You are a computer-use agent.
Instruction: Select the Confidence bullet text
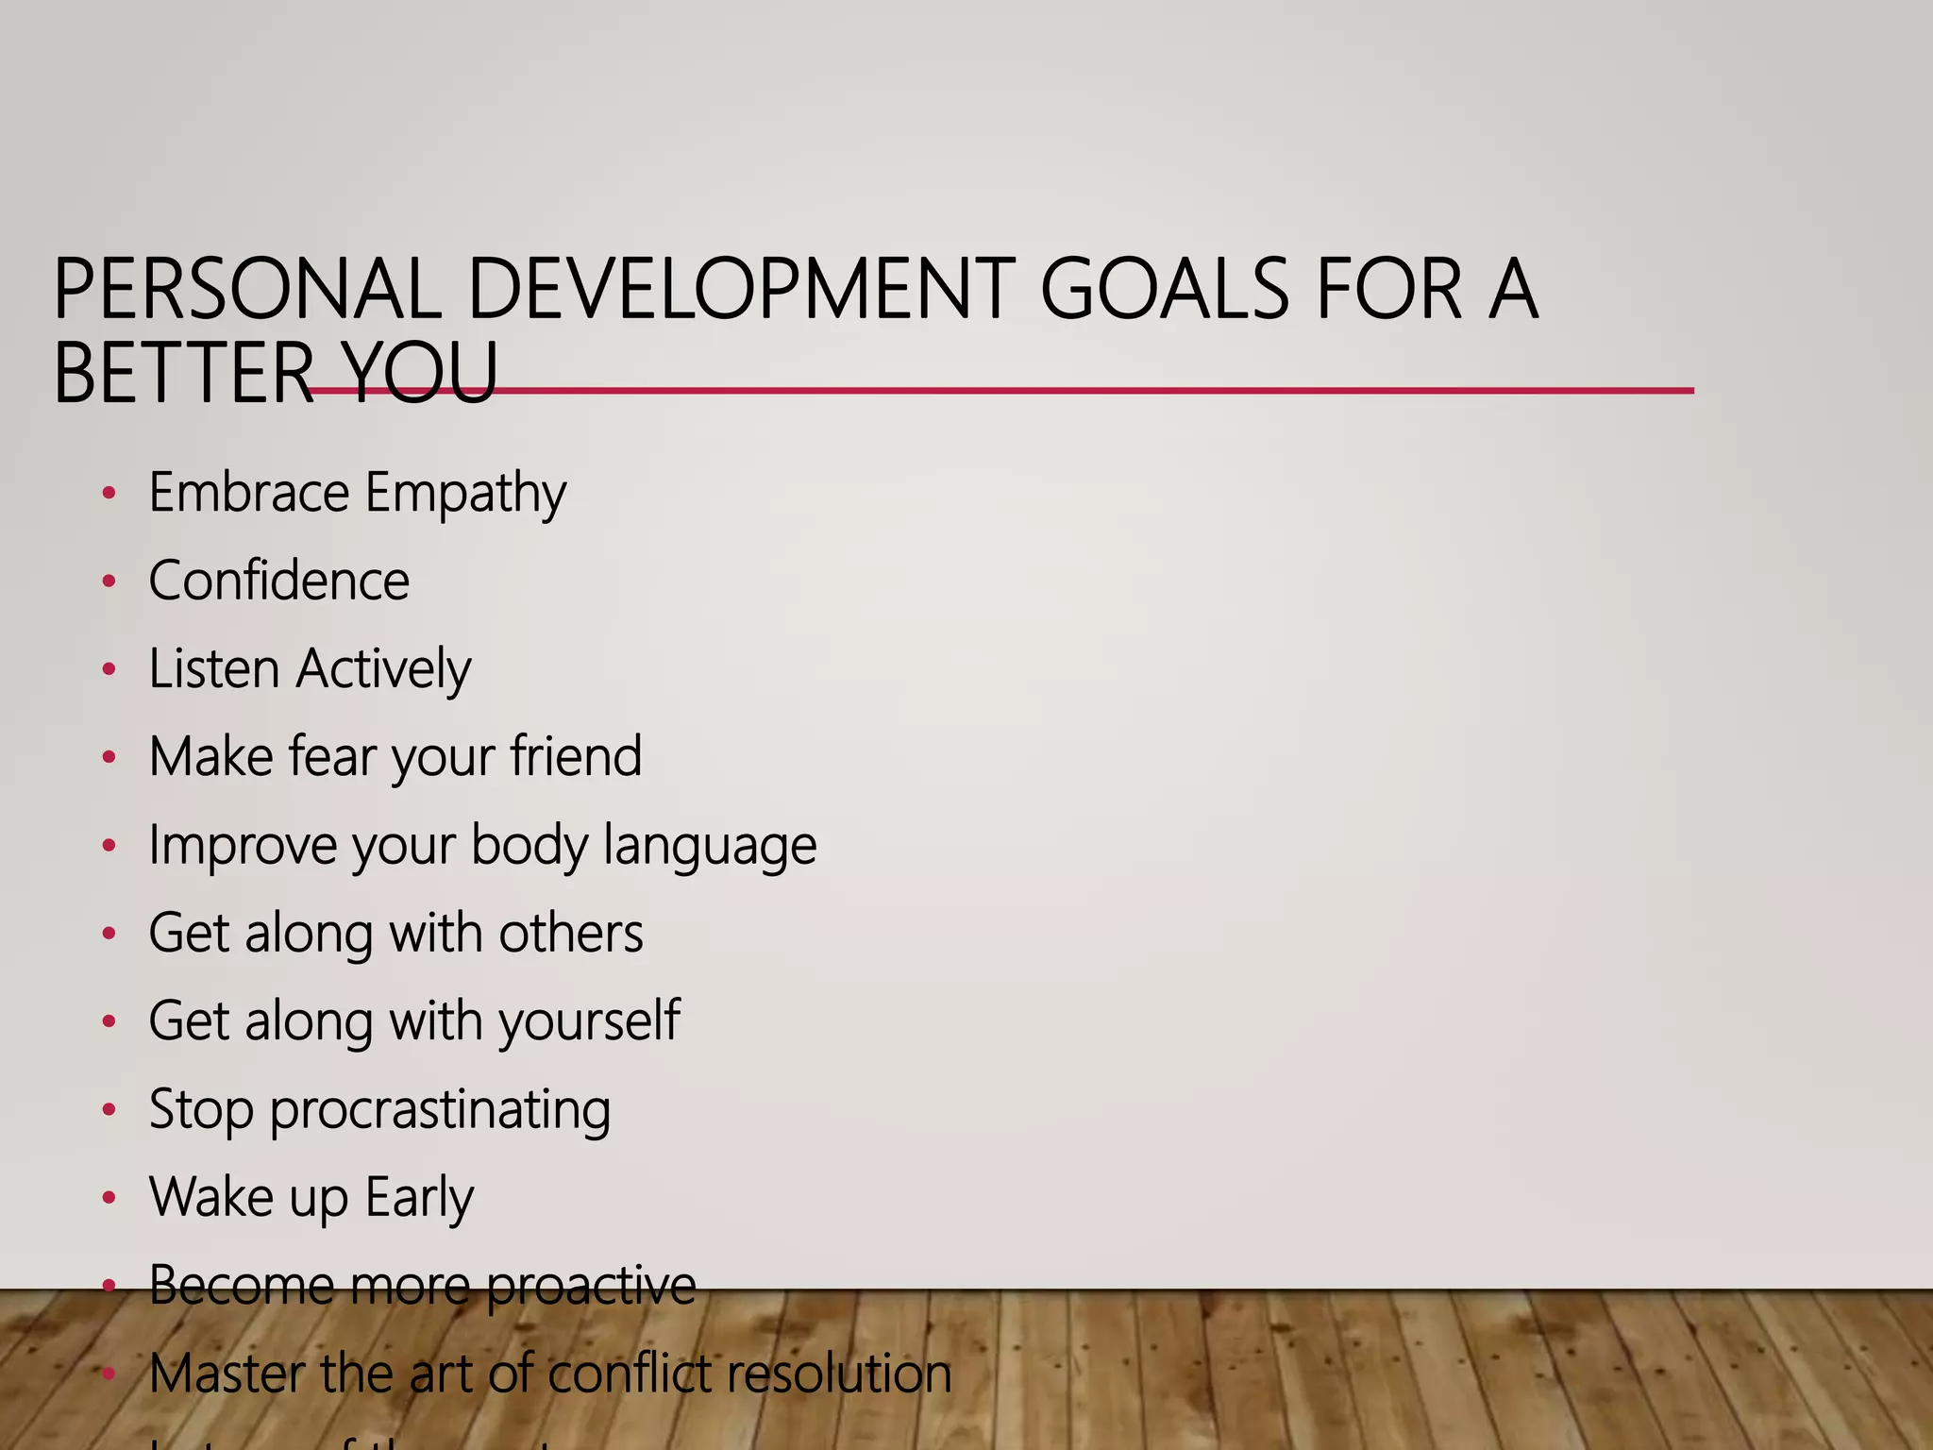tap(279, 581)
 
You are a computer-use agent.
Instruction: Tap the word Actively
tap(383, 669)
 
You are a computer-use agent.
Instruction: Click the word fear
tap(332, 756)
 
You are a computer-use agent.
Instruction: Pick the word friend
tap(576, 756)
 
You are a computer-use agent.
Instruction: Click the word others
tap(571, 933)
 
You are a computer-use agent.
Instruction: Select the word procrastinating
tap(440, 1110)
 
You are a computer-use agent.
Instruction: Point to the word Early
tap(419, 1198)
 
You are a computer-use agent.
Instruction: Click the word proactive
tap(592, 1286)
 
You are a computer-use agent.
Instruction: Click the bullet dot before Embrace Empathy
tap(109, 493)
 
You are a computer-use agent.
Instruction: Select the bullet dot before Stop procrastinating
tap(109, 1110)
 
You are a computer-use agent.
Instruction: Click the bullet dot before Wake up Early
tap(109, 1198)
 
